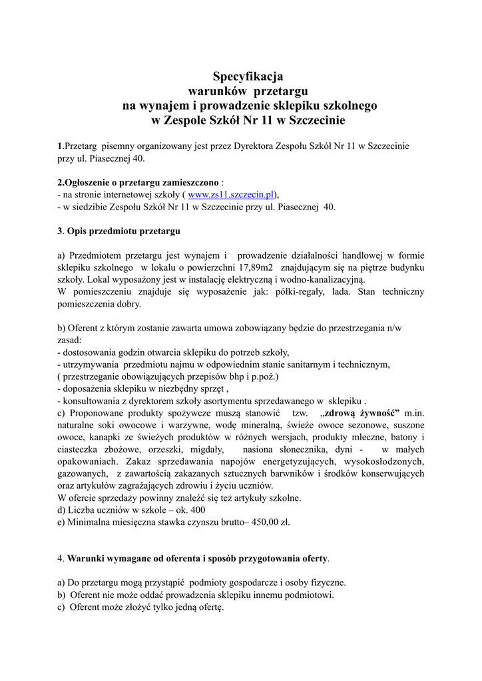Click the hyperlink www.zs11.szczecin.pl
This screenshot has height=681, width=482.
231,195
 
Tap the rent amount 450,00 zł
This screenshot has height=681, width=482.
268,522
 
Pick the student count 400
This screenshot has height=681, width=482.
196,510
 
